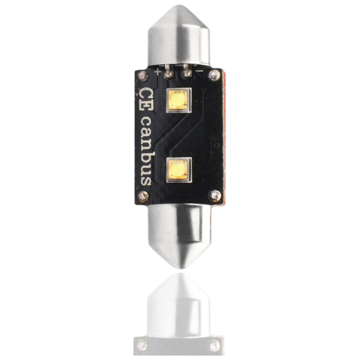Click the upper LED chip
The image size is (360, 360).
point(179,102)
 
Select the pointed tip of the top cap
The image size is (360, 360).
point(180,9)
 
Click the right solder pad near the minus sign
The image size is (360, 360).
point(189,73)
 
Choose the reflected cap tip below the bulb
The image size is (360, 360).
point(180,277)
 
